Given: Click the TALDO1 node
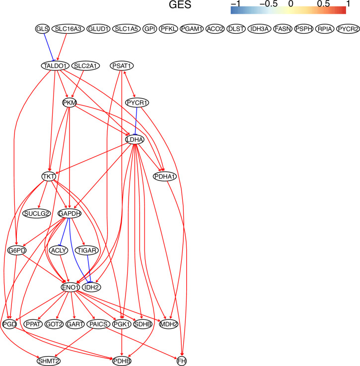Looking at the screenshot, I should (x=55, y=65).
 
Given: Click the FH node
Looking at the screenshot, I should (x=182, y=361).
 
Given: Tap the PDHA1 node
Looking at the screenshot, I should (x=165, y=177).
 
